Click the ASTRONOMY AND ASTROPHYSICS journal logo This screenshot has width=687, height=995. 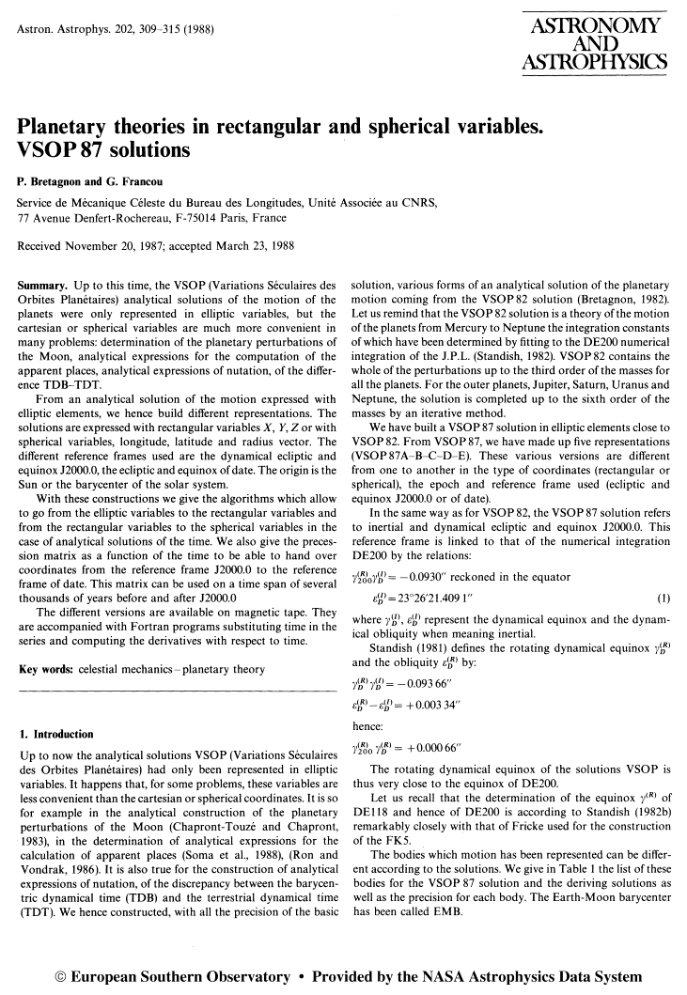[x=595, y=44]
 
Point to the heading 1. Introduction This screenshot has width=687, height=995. [x=56, y=734]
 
